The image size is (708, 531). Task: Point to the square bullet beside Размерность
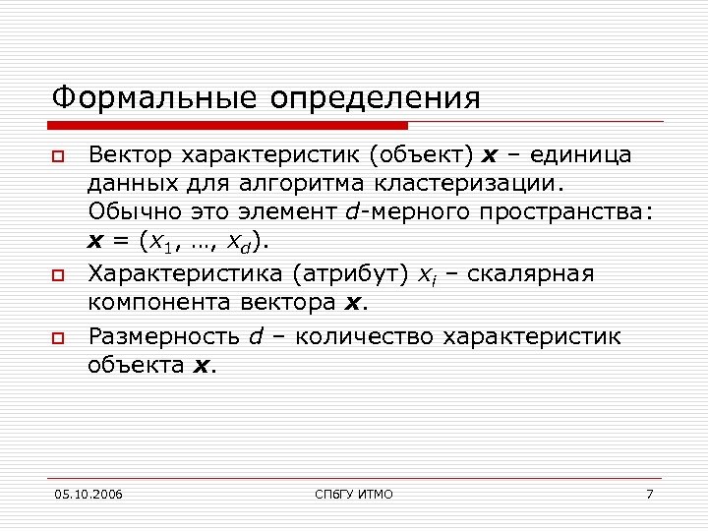(58, 339)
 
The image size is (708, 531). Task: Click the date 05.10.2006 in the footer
(90, 494)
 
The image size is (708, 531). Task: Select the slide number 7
(649, 494)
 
